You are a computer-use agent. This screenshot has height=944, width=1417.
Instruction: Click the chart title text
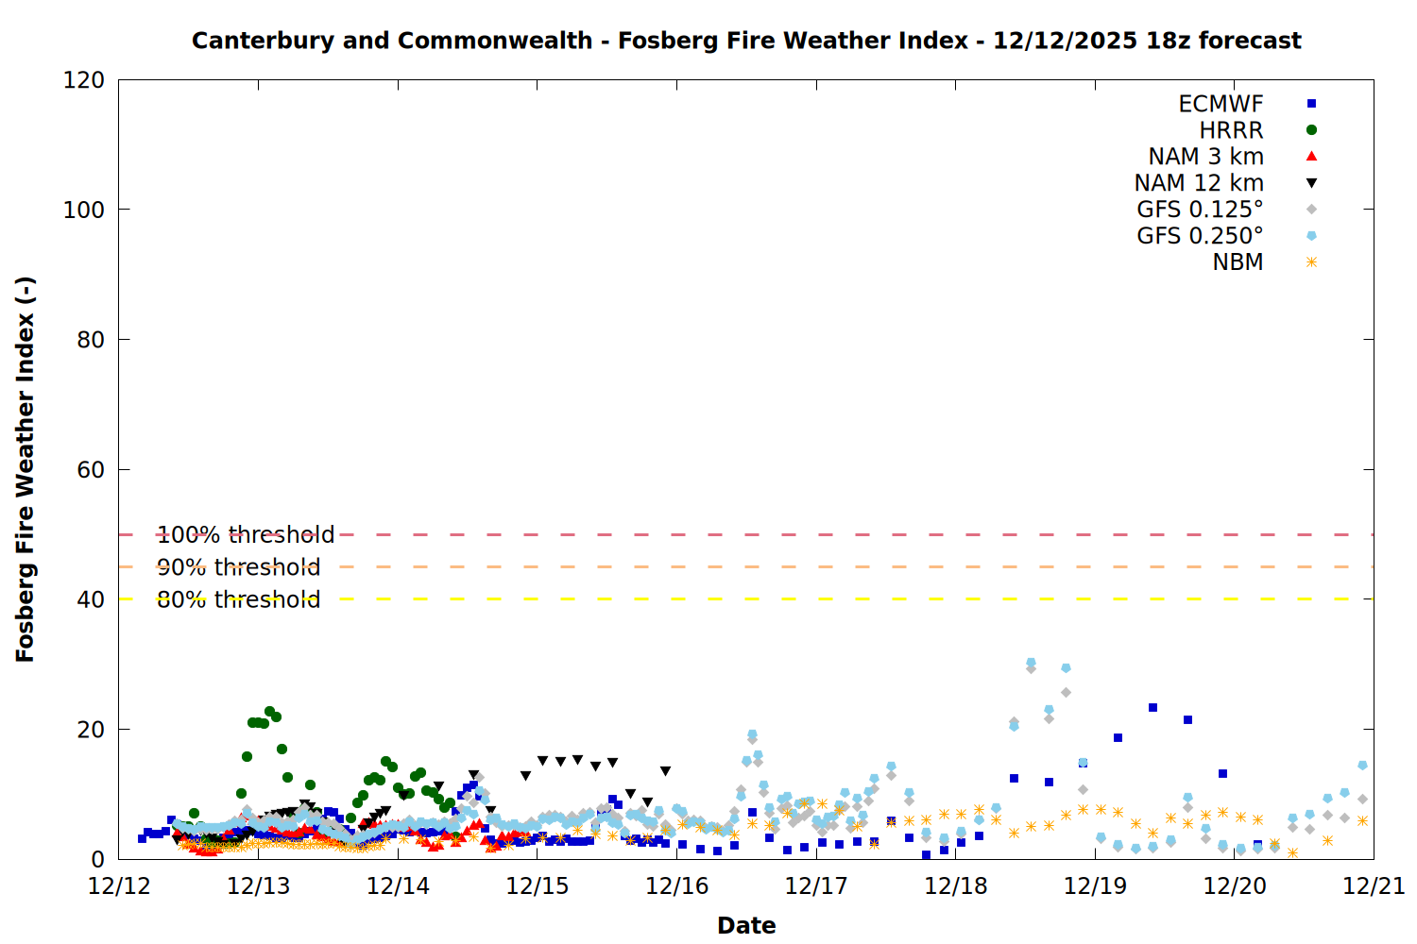[x=746, y=41]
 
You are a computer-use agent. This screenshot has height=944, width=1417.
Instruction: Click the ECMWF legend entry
[x=1221, y=104]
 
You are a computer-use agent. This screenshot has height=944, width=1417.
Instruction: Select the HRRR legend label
[x=1231, y=130]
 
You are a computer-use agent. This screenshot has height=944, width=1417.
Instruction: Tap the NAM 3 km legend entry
[x=1205, y=157]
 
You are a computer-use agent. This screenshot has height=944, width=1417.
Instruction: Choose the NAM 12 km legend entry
[x=1199, y=183]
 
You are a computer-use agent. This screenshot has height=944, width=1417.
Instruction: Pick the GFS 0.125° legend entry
[x=1200, y=210]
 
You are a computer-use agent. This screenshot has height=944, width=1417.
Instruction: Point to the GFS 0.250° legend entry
[x=1200, y=236]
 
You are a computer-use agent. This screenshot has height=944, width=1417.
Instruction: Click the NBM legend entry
[x=1238, y=262]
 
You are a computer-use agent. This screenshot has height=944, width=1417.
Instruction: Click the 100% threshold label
[x=246, y=535]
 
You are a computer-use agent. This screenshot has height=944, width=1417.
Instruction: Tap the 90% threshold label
[x=238, y=567]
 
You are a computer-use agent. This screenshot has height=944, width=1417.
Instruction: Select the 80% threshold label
[x=238, y=599]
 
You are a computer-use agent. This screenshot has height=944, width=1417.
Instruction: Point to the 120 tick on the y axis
[x=84, y=80]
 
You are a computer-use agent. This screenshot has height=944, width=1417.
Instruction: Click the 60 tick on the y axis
[x=91, y=469]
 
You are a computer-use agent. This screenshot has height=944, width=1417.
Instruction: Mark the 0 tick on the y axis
[x=97, y=859]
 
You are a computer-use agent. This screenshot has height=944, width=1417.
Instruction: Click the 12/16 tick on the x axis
[x=676, y=886]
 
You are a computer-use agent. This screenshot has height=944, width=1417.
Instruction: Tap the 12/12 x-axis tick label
[x=119, y=886]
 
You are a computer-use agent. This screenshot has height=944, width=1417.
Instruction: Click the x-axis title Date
[x=746, y=925]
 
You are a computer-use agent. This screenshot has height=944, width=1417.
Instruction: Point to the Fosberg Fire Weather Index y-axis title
[x=26, y=469]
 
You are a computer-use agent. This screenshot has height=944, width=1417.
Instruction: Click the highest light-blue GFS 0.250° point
[x=1031, y=663]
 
